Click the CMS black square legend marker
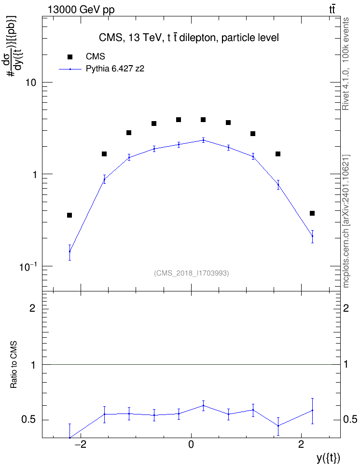click(x=69, y=57)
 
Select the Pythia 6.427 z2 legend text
click(x=115, y=69)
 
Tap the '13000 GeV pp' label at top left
click(x=81, y=10)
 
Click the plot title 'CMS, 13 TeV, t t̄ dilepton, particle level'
click(x=189, y=38)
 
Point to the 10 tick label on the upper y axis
click(x=30, y=83)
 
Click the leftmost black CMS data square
click(x=69, y=215)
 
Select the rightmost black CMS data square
click(x=312, y=213)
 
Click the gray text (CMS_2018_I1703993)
click(x=192, y=273)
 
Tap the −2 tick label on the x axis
click(x=80, y=444)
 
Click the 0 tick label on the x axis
click(x=191, y=444)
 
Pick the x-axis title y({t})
click(x=328, y=458)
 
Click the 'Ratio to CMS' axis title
click(x=14, y=365)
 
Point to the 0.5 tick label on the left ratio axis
click(x=28, y=420)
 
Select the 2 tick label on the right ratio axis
click(x=346, y=308)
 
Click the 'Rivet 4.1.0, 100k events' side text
click(x=346, y=64)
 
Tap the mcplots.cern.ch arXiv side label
click(x=346, y=221)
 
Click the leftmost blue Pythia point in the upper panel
click(x=69, y=251)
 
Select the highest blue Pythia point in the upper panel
click(x=204, y=140)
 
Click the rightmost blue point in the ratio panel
click(x=312, y=410)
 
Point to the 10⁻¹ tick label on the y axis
click(x=28, y=266)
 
